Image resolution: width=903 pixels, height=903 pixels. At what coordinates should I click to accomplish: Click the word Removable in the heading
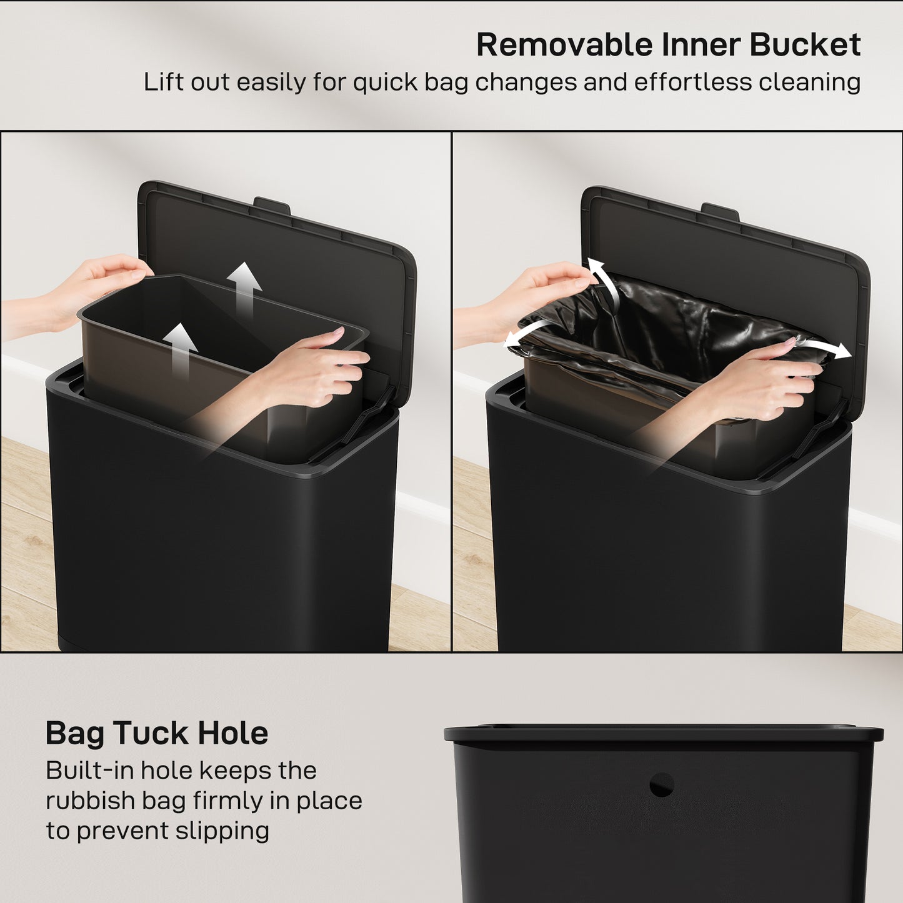(564, 45)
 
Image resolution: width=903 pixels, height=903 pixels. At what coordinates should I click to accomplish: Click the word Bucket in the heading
(805, 45)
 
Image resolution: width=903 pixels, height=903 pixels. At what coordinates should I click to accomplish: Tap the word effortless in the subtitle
(693, 82)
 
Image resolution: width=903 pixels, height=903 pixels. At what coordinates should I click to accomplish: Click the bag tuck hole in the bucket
(661, 785)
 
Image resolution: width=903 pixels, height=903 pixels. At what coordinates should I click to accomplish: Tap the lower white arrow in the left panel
(181, 347)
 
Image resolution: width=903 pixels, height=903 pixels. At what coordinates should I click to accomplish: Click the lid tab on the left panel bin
(272, 204)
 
